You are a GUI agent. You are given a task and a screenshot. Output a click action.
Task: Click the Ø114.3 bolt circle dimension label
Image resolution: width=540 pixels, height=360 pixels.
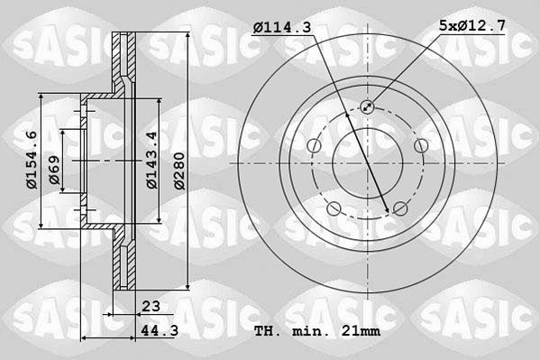281,29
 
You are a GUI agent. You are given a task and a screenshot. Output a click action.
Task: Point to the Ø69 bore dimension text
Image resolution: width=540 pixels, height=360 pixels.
56,172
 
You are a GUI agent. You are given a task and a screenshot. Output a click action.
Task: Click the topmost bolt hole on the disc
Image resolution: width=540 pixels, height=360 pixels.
367,107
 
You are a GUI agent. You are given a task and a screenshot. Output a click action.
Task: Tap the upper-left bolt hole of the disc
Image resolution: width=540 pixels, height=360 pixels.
313,147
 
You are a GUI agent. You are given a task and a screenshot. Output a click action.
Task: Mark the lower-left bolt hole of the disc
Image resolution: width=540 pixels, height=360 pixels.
334,210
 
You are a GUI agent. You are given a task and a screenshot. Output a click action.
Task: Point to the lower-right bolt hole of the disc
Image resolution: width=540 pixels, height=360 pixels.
400,210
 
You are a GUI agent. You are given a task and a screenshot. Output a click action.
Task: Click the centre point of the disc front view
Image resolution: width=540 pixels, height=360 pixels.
367,164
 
